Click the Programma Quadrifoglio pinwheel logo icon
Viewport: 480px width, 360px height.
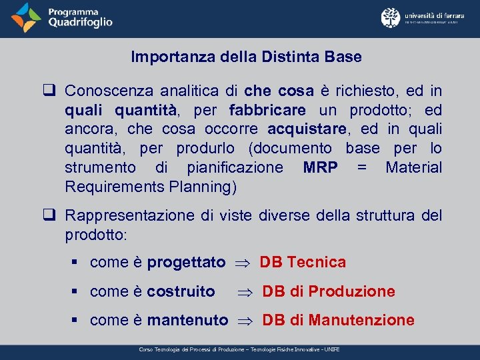(x=26, y=17)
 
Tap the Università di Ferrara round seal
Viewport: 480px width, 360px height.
(x=390, y=17)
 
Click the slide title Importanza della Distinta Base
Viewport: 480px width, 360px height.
(x=246, y=57)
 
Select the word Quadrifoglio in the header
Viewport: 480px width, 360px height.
(x=80, y=23)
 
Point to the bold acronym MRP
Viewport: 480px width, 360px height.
(x=321, y=167)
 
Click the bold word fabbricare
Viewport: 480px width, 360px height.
(x=267, y=109)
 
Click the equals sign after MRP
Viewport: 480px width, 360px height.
(x=361, y=167)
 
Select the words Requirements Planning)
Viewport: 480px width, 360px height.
(x=151, y=187)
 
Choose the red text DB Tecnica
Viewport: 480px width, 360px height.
(x=303, y=263)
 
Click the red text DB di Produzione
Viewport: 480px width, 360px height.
(x=329, y=291)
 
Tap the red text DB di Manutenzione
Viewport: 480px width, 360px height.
(x=338, y=321)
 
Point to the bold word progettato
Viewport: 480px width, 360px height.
(x=186, y=263)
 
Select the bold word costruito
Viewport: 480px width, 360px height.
(x=181, y=291)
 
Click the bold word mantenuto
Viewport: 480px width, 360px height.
(x=187, y=321)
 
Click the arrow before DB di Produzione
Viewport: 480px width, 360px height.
(x=244, y=292)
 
